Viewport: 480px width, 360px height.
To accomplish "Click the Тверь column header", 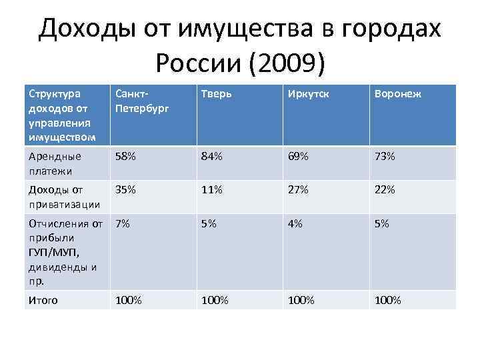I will [217, 95].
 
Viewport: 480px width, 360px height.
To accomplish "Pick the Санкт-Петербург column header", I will [136, 101].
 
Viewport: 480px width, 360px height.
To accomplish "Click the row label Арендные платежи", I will [54, 163].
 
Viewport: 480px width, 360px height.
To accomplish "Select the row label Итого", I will [43, 300].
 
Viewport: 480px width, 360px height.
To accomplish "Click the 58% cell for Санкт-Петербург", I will [125, 157].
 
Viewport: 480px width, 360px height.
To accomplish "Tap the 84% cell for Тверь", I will [211, 157].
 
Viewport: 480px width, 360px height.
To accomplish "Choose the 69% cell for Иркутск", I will [298, 157].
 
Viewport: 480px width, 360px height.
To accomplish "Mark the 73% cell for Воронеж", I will [385, 157].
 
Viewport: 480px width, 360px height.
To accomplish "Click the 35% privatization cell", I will [125, 190].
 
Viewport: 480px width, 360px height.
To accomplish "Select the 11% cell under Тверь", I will [211, 190].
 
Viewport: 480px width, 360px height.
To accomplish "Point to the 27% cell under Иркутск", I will [298, 190].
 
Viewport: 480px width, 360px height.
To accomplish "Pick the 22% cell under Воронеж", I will [385, 190].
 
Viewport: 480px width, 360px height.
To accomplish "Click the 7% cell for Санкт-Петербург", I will [122, 224].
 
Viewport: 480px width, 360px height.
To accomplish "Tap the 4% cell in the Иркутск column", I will [295, 224].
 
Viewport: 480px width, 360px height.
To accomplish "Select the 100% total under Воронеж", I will [387, 300].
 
